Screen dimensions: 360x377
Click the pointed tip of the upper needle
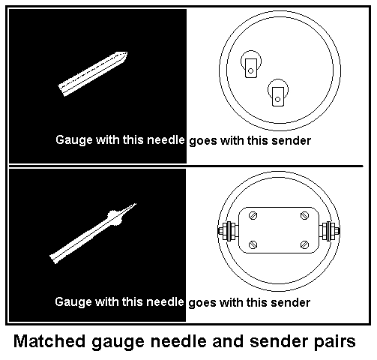coord(127,53)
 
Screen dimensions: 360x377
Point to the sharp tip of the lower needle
coord(136,203)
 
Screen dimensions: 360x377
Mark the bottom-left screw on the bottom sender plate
coord(251,244)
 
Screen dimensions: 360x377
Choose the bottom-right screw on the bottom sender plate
coord(304,244)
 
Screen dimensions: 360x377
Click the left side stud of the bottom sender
coord(223,230)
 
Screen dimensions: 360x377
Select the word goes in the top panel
coord(203,140)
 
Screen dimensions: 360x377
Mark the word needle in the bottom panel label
coord(166,303)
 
